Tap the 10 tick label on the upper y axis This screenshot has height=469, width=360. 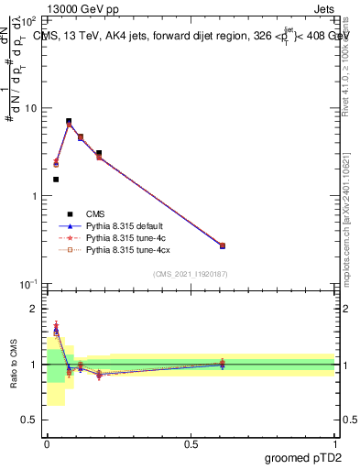click(x=29, y=108)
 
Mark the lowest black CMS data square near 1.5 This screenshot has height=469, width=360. click(x=56, y=180)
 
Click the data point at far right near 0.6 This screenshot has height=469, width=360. click(x=223, y=245)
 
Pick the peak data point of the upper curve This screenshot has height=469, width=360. click(x=69, y=121)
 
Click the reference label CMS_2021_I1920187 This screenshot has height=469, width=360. click(x=190, y=274)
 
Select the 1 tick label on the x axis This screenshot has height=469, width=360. click(x=334, y=444)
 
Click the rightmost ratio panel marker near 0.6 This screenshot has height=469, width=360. click(x=223, y=364)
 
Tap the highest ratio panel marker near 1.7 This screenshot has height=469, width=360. click(x=56, y=325)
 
